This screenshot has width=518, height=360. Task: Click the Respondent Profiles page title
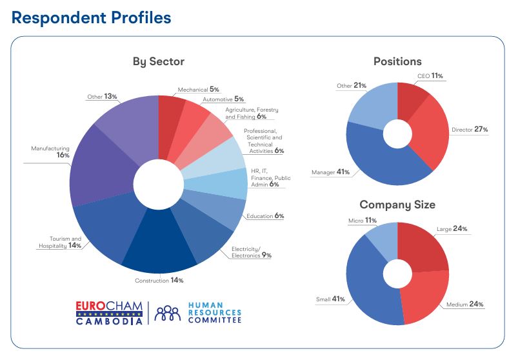(91, 17)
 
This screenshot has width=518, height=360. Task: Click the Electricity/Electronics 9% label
(251, 252)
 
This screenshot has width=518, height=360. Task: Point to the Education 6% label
(264, 216)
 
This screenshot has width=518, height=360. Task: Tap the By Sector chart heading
(159, 62)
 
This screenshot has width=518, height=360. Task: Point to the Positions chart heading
(397, 62)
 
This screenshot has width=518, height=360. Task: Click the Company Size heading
(397, 205)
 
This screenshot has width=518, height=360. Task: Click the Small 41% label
(330, 299)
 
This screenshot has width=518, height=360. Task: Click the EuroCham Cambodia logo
(109, 312)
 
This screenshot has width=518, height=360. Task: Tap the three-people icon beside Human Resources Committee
(168, 312)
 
